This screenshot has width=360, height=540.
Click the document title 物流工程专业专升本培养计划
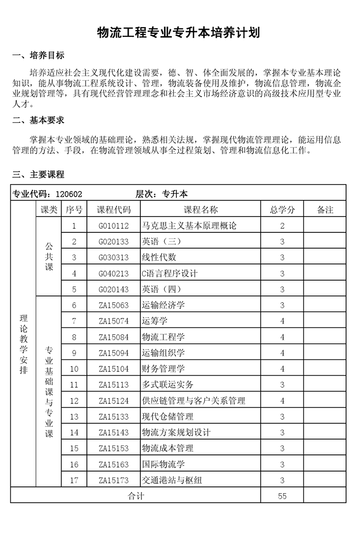point(179,33)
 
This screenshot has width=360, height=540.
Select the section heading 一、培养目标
point(38,55)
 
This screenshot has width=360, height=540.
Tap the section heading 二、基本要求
point(38,120)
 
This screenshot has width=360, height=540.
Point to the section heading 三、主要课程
point(38,175)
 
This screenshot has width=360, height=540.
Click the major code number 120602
point(69,194)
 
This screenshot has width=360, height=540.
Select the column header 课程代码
point(114,210)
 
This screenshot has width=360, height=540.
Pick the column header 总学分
point(282,210)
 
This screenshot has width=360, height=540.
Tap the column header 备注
point(325,210)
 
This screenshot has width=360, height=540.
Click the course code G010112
point(114,226)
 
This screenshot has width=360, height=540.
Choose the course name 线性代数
point(159,258)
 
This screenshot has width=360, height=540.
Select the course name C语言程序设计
point(170,273)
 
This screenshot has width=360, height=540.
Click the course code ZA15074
point(114,321)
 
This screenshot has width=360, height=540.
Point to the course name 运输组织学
point(163,353)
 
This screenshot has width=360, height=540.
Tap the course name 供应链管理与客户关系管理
point(193,401)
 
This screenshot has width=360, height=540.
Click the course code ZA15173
point(114,481)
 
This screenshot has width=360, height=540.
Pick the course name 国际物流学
point(163,464)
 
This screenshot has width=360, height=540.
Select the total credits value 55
point(282,496)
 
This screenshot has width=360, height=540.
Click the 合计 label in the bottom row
point(135,496)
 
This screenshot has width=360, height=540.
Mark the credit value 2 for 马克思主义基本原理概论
point(282,226)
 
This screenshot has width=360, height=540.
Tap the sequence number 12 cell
point(74,401)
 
